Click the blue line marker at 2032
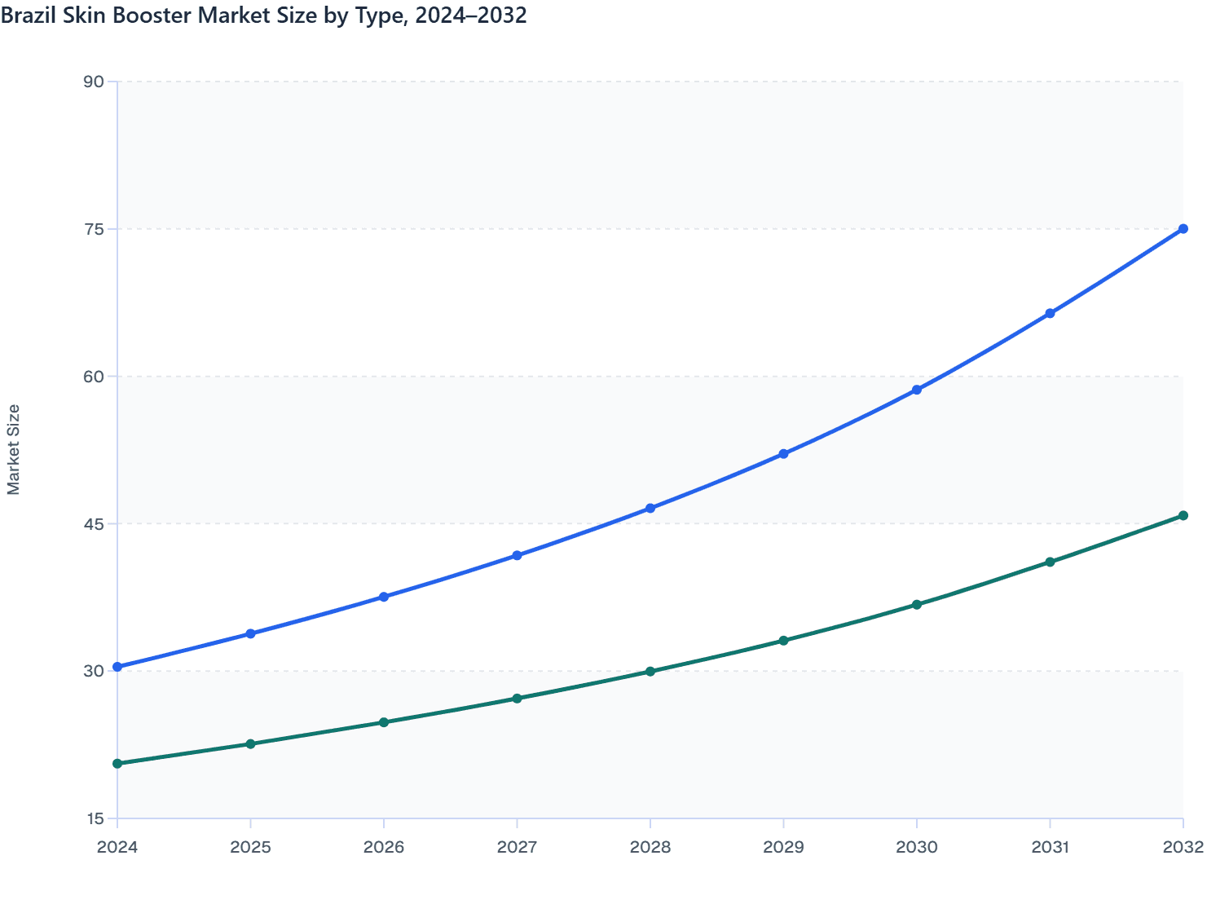(1183, 229)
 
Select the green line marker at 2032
(1183, 516)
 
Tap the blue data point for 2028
(650, 509)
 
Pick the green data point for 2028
(650, 672)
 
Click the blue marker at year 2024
(117, 667)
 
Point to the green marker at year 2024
(117, 764)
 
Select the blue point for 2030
(917, 390)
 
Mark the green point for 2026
(384, 722)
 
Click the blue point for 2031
(1050, 314)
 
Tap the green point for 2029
(783, 641)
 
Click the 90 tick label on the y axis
(94, 82)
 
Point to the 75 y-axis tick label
(94, 229)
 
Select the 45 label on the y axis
(94, 523)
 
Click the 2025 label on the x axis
(250, 847)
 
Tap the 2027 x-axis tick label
(517, 847)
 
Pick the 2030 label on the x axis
(917, 847)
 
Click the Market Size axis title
(13, 449)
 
